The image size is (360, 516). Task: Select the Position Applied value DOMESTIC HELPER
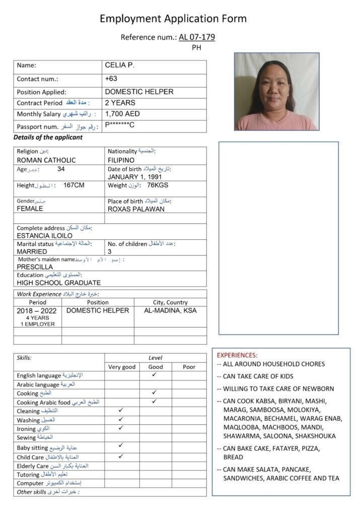point(139,92)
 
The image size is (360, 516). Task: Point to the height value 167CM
point(74,185)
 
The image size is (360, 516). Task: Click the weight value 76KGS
point(158,185)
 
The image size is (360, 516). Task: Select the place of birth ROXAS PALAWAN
point(136,209)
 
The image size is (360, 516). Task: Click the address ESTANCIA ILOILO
point(44,235)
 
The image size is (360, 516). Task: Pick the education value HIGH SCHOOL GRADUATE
point(58,283)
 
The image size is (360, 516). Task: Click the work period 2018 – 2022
point(37,310)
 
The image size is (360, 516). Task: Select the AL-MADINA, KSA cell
point(170,310)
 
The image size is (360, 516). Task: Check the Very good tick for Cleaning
point(121,411)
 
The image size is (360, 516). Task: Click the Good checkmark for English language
point(154,375)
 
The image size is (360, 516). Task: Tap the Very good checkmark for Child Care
point(121,456)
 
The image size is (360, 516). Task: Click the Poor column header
point(189,367)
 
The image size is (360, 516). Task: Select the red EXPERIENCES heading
point(237,355)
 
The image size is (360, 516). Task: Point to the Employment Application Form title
point(173,19)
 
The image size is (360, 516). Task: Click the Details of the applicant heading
point(48,137)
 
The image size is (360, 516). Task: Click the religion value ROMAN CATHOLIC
point(46,160)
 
